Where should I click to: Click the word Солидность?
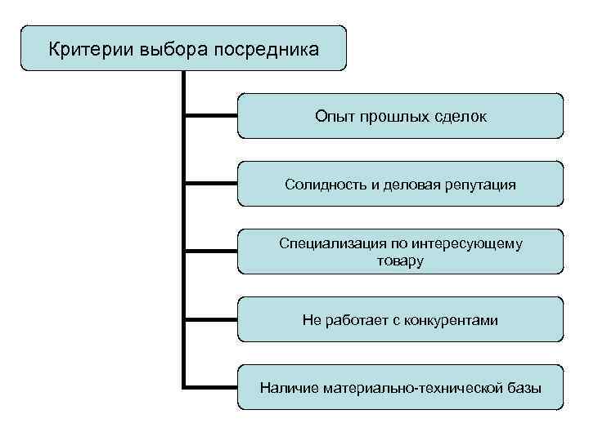pyautogui.click(x=322, y=185)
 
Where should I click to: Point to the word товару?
pyautogui.click(x=400, y=261)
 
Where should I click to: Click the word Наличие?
pyautogui.click(x=289, y=388)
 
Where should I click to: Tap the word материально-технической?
pyautogui.click(x=411, y=388)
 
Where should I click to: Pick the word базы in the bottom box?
pyautogui.click(x=523, y=388)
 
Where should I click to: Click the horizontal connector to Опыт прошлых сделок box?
pyautogui.click(x=211, y=115)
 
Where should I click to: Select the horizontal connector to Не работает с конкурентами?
pyautogui.click(x=211, y=318)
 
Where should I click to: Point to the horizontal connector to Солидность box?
pyautogui.click(x=211, y=183)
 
